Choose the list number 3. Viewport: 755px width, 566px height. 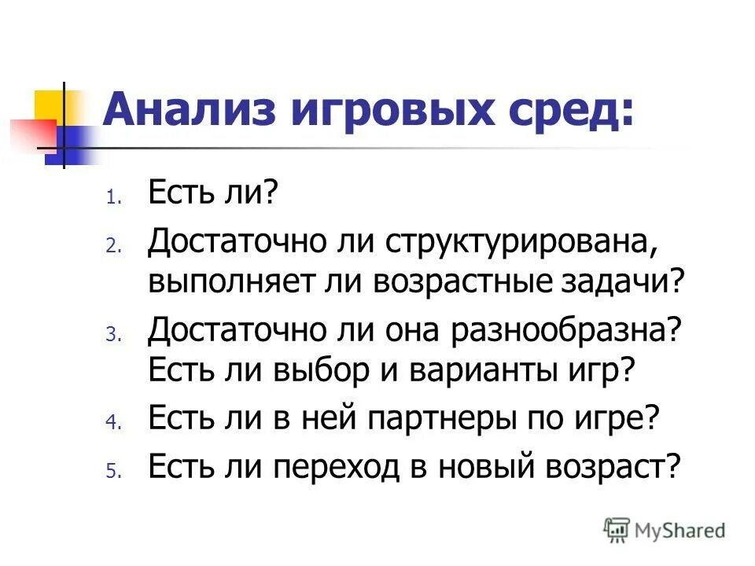(x=112, y=335)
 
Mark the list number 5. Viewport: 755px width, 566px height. (x=112, y=471)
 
